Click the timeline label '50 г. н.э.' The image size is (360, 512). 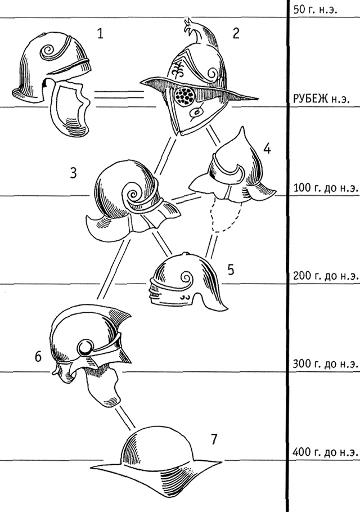pyautogui.click(x=315, y=9)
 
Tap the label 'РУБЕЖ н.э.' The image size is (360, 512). pyautogui.click(x=321, y=99)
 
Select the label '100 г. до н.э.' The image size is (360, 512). pyautogui.click(x=326, y=188)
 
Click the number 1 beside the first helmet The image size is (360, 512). pyautogui.click(x=100, y=34)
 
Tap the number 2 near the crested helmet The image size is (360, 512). pyautogui.click(x=236, y=33)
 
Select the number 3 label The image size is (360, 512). pyautogui.click(x=74, y=173)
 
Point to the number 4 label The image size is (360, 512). pyautogui.click(x=267, y=149)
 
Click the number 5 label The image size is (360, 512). pyautogui.click(x=231, y=270)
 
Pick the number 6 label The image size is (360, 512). pyautogui.click(x=38, y=357)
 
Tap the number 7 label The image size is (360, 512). pyautogui.click(x=213, y=439)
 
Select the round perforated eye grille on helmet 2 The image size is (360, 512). pyautogui.click(x=184, y=96)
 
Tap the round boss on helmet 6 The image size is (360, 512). pyautogui.click(x=85, y=347)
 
